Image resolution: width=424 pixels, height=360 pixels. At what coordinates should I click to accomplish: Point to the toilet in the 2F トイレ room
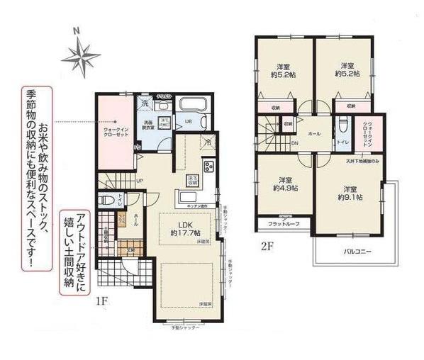(342, 128)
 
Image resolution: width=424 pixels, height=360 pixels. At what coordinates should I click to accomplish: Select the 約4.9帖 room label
(286, 184)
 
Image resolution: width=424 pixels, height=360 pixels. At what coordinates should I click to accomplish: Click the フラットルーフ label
(283, 225)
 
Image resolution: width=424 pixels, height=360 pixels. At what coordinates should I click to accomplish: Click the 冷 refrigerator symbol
(207, 142)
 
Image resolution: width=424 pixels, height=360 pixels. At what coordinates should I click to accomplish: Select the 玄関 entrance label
(131, 249)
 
